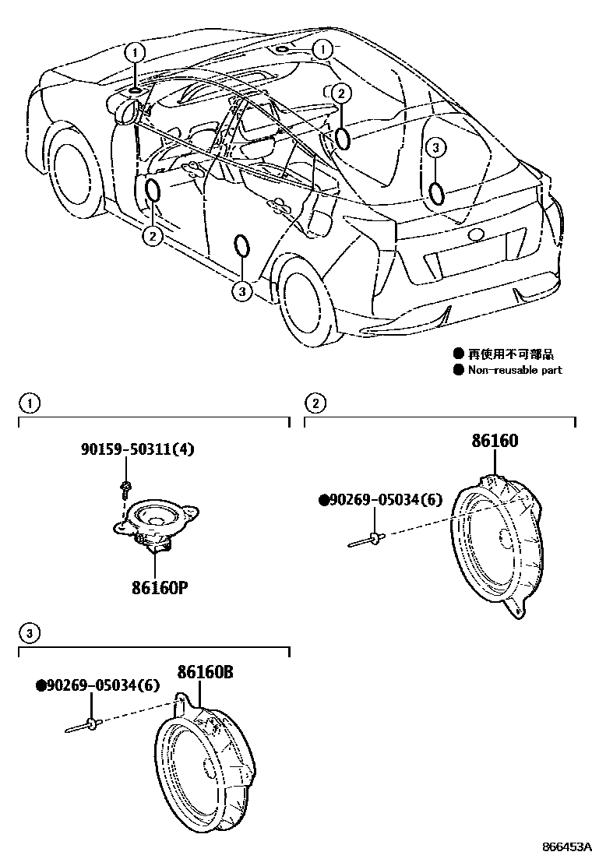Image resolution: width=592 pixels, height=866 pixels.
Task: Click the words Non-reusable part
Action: (x=514, y=370)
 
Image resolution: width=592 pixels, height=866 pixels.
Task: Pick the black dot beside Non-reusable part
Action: (x=458, y=370)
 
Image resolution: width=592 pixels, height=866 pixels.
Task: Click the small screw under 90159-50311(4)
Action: (x=125, y=489)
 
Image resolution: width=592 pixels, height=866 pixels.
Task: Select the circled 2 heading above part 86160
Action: (x=315, y=403)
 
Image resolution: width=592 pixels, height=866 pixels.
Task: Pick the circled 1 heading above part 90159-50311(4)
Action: (x=29, y=403)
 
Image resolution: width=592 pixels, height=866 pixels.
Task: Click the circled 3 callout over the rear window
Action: (x=435, y=147)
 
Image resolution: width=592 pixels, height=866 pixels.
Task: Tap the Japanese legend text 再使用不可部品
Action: (x=510, y=354)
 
